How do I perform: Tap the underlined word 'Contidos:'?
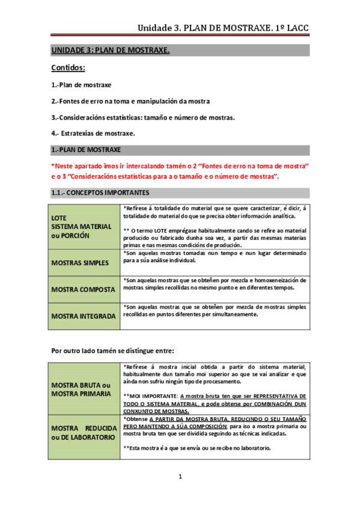(68, 69)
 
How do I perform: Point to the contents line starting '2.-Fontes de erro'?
(130, 101)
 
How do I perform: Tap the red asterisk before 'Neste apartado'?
(52, 165)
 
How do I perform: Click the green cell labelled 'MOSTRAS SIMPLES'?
(80, 263)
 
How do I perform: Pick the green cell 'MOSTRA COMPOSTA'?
(83, 289)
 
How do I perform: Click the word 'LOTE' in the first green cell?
(59, 218)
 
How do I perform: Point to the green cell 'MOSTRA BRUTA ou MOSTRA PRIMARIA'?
(81, 389)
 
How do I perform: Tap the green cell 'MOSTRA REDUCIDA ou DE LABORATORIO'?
(83, 432)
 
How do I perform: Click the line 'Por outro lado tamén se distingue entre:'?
(113, 350)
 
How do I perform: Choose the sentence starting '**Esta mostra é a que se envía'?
(197, 448)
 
